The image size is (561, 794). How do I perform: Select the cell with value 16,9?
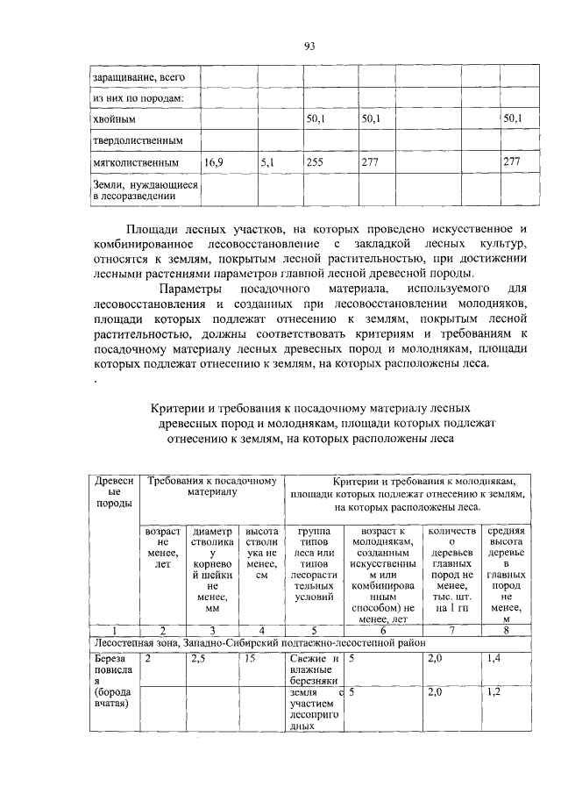213,162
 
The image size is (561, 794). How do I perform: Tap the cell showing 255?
313,162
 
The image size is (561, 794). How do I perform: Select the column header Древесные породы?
114,493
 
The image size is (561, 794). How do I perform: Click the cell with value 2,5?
199,657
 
